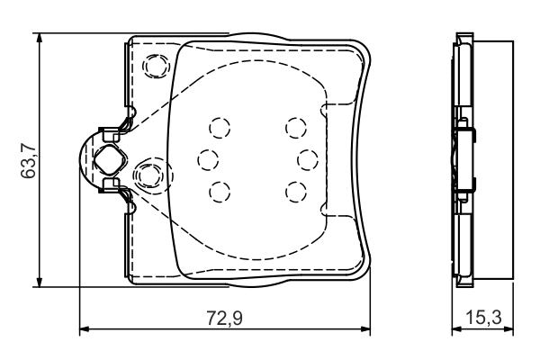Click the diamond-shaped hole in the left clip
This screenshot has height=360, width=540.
pos(108,160)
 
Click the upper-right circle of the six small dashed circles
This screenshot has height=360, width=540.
pos(294,126)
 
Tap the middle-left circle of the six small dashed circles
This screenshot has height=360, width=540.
pos(208,158)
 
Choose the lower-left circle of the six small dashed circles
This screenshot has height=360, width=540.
pos(219,190)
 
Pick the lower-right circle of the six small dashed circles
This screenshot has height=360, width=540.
pos(294,190)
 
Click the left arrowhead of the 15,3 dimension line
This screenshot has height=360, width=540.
pos(456,329)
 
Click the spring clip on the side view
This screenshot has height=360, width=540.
pos(466,160)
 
